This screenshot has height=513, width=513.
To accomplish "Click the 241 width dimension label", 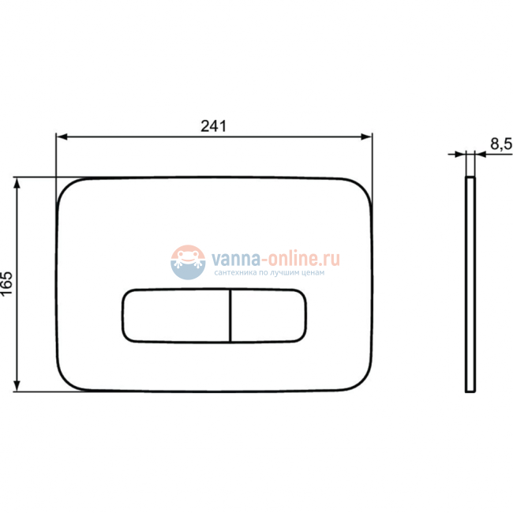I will (x=213, y=125).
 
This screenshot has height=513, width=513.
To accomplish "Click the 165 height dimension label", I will (x=7, y=283).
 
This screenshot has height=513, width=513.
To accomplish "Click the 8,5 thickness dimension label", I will (x=500, y=144).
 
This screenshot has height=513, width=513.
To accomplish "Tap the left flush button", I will (x=175, y=316).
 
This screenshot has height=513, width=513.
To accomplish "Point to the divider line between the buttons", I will (x=230, y=316).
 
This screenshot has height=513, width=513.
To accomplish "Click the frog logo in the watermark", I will (x=189, y=261).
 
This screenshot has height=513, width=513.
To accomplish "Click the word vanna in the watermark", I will (x=231, y=257).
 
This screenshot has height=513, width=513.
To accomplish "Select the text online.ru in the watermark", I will (x=305, y=257).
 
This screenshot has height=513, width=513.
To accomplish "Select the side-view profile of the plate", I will (x=470, y=284).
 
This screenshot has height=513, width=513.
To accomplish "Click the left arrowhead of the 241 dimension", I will (x=60, y=136).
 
